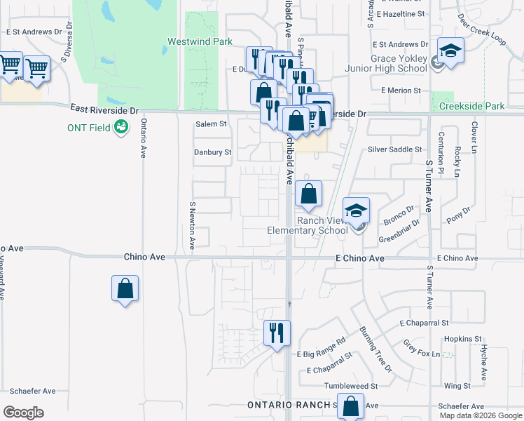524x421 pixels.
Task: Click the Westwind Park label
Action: tap(200, 42)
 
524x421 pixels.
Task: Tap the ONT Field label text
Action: tap(88, 128)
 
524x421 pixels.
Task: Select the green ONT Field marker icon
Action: tap(121, 127)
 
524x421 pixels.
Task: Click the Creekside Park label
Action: tap(472, 107)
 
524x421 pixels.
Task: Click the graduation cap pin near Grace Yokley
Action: tap(450, 51)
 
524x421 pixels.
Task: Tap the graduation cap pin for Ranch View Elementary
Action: tap(356, 210)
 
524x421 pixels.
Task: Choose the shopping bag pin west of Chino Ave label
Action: tap(125, 288)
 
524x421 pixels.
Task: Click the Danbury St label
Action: tap(212, 152)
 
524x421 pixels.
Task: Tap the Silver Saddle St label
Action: tap(395, 149)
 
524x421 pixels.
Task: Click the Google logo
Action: tap(23, 412)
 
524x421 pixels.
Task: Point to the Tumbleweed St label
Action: tap(350, 386)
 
